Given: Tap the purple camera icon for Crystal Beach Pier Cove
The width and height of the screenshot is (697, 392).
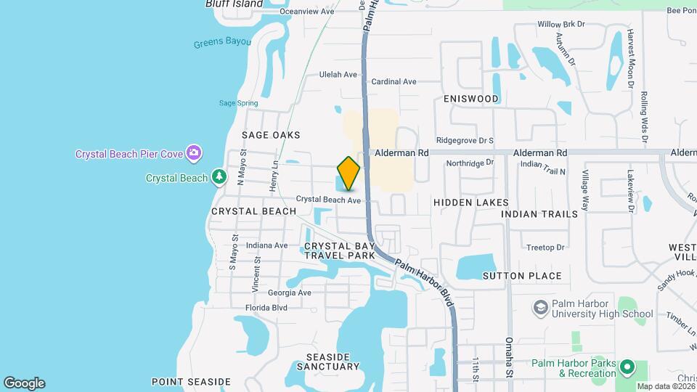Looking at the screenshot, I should point(194,152).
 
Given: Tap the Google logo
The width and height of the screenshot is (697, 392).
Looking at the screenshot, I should point(24,383).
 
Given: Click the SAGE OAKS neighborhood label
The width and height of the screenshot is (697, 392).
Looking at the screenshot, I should point(271,135).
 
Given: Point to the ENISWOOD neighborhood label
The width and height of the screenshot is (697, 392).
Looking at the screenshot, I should point(471,99).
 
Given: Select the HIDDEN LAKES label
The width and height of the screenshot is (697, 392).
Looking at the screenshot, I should point(471,203).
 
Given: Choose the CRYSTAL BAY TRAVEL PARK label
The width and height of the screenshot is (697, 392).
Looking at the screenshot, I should point(340,250).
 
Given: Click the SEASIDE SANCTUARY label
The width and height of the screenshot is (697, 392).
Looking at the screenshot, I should point(329,363).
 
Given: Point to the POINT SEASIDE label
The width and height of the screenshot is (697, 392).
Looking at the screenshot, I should point(191,381).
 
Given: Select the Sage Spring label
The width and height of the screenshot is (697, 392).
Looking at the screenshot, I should point(238,103).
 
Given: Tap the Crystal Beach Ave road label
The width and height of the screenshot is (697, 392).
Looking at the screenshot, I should point(328,200).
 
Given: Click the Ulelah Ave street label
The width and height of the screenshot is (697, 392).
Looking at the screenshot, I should point(339,75).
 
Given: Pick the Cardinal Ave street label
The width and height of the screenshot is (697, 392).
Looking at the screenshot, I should point(394,82).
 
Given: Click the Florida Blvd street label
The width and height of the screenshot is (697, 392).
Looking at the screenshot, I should point(266,308).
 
